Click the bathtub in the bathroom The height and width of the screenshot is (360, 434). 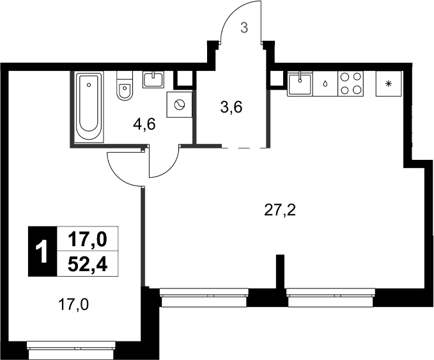[89, 107]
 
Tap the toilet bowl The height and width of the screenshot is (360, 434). [125, 86]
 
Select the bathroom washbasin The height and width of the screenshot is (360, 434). [153, 80]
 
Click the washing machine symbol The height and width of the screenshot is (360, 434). [179, 105]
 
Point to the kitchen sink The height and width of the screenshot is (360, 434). [300, 84]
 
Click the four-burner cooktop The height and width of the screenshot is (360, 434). [350, 84]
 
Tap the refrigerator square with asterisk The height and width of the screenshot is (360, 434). [389, 84]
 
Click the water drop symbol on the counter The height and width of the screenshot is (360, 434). [325, 84]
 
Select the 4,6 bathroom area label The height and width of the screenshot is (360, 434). [144, 124]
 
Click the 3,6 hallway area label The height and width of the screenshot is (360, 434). [231, 107]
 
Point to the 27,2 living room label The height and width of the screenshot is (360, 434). [280, 211]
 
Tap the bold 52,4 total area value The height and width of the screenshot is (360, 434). [88, 265]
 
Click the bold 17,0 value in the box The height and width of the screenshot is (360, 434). [88, 239]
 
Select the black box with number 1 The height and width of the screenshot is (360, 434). [43, 251]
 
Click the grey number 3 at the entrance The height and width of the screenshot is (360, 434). [244, 28]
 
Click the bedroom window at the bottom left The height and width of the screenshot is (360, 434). [72, 350]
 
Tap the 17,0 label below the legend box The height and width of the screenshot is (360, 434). [74, 305]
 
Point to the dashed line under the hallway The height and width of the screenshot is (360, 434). [244, 148]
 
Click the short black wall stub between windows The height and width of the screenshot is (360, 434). [281, 271]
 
